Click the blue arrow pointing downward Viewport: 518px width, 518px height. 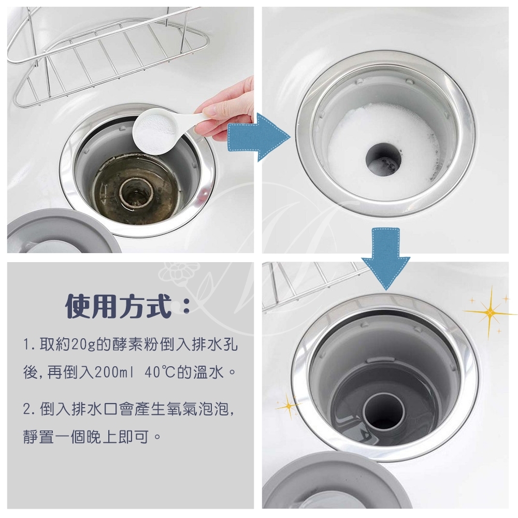click(385, 254)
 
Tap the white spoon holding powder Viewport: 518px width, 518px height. click(155, 129)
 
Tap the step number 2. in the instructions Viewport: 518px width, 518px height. click(30, 411)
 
